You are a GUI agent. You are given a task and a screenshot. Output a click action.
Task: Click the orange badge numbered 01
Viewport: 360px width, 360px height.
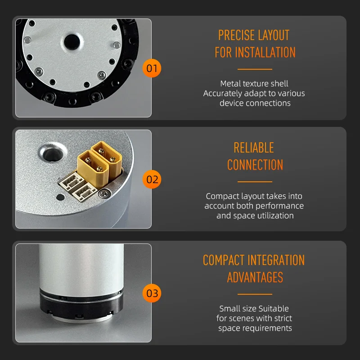click(x=152, y=68)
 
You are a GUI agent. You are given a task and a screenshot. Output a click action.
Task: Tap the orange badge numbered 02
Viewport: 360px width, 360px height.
click(x=152, y=179)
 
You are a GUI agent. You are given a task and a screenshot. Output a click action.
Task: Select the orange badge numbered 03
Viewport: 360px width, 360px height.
click(x=152, y=293)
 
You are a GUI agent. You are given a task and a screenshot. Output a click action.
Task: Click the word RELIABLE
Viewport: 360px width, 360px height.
click(x=254, y=148)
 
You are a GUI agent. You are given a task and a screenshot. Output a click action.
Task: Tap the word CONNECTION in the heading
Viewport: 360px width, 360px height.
click(x=255, y=165)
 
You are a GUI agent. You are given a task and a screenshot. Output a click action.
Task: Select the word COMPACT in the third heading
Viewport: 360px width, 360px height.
click(x=223, y=260)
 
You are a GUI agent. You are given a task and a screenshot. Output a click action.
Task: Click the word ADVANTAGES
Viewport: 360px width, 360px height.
click(x=255, y=277)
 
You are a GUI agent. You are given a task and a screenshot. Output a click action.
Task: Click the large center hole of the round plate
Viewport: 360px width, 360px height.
click(x=72, y=42)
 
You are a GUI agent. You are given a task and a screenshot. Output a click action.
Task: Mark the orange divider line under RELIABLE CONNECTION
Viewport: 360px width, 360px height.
click(x=255, y=182)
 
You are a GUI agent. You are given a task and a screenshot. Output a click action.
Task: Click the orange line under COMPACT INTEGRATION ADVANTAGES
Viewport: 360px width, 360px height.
click(x=255, y=294)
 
